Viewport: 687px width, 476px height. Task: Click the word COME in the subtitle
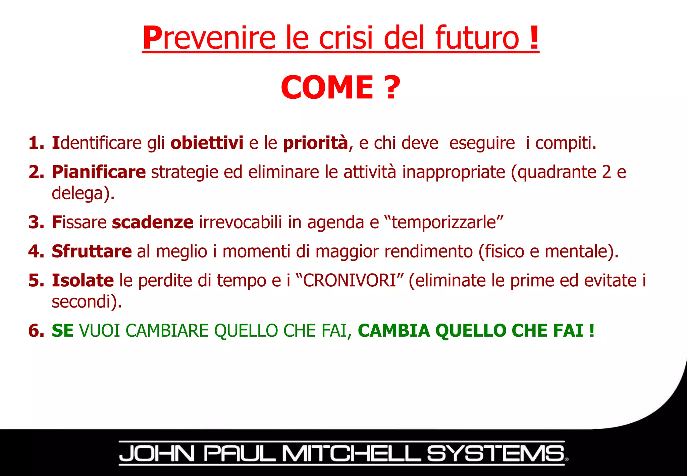click(327, 88)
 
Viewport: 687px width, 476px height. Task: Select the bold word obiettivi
click(207, 143)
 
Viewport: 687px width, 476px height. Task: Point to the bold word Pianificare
click(99, 172)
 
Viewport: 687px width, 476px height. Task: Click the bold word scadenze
click(153, 222)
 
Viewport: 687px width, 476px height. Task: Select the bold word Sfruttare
click(92, 251)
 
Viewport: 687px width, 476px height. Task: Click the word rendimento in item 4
click(428, 251)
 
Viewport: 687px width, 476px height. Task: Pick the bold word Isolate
click(83, 280)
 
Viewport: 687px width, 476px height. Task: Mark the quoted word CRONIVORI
click(350, 280)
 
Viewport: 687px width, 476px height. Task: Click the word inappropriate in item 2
click(454, 172)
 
